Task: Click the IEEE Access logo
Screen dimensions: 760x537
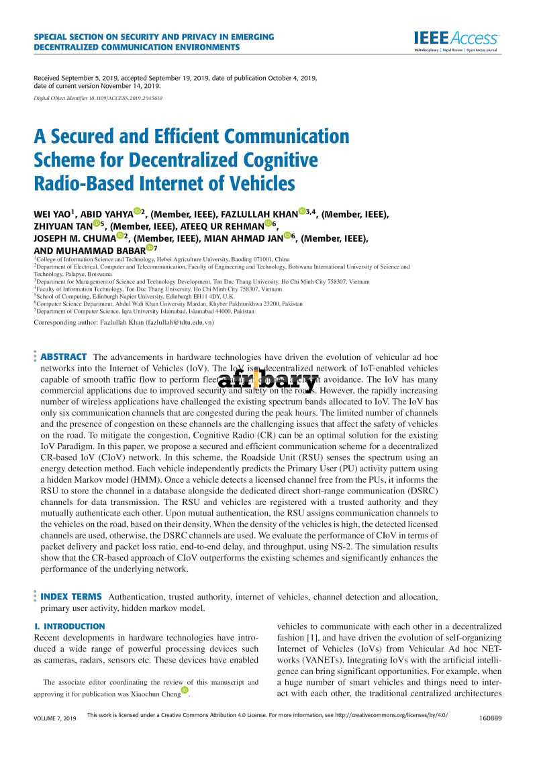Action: (456, 39)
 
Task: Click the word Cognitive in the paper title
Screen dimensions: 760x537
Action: (275, 160)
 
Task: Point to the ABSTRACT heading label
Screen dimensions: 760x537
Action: (64, 357)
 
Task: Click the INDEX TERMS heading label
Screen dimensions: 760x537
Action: (71, 596)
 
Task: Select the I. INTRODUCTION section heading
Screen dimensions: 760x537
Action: (69, 626)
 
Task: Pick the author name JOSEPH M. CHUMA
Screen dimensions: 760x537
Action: (74, 237)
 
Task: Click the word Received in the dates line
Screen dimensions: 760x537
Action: (46, 78)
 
